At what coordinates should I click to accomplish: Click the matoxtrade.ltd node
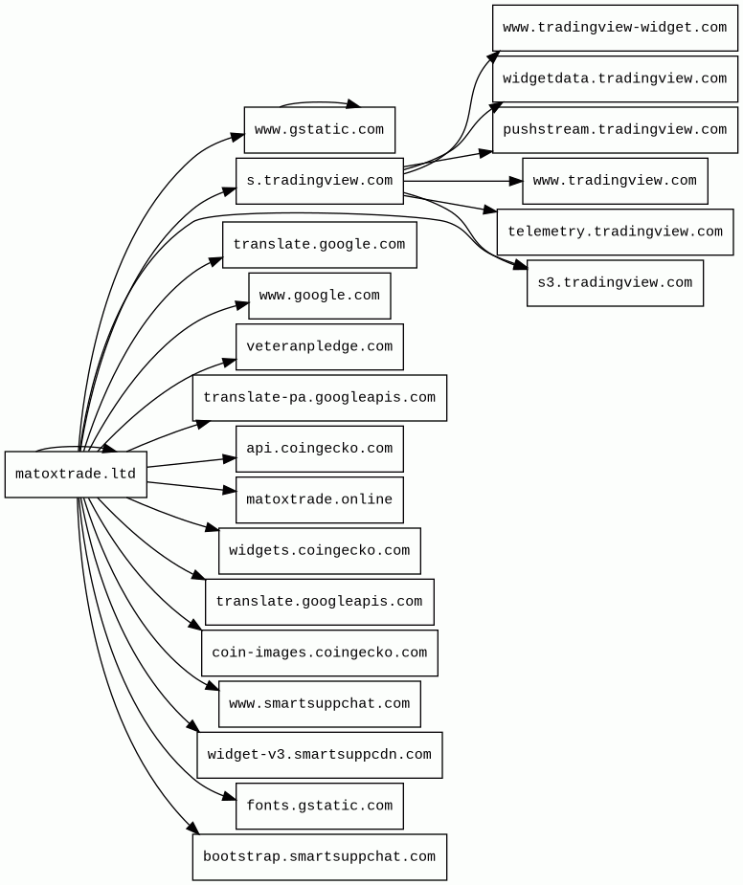pyautogui.click(x=76, y=475)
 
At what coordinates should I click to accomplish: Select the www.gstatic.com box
pyautogui.click(x=319, y=130)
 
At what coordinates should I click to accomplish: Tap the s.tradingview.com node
pyautogui.click(x=319, y=181)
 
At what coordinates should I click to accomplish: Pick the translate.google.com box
pyautogui.click(x=319, y=244)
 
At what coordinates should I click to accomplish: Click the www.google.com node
pyautogui.click(x=319, y=296)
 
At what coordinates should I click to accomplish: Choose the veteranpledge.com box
pyautogui.click(x=319, y=346)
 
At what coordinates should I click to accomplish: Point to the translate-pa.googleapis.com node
pyautogui.click(x=319, y=398)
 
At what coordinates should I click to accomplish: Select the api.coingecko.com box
pyautogui.click(x=319, y=449)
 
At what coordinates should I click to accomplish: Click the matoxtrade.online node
pyautogui.click(x=319, y=499)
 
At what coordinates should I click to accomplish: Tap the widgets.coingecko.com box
pyautogui.click(x=319, y=551)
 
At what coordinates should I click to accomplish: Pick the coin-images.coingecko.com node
pyautogui.click(x=319, y=653)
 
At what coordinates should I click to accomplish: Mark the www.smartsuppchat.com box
pyautogui.click(x=319, y=704)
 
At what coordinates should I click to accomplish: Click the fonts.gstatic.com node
pyautogui.click(x=319, y=806)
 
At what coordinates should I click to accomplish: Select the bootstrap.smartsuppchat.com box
pyautogui.click(x=319, y=857)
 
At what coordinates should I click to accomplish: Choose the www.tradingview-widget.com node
pyautogui.click(x=615, y=28)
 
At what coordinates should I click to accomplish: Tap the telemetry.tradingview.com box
pyautogui.click(x=615, y=232)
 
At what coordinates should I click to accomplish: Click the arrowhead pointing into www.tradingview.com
pyautogui.click(x=516, y=181)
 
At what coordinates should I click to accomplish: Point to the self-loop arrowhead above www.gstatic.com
pyautogui.click(x=353, y=104)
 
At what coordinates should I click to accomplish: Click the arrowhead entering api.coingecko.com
pyautogui.click(x=230, y=459)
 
